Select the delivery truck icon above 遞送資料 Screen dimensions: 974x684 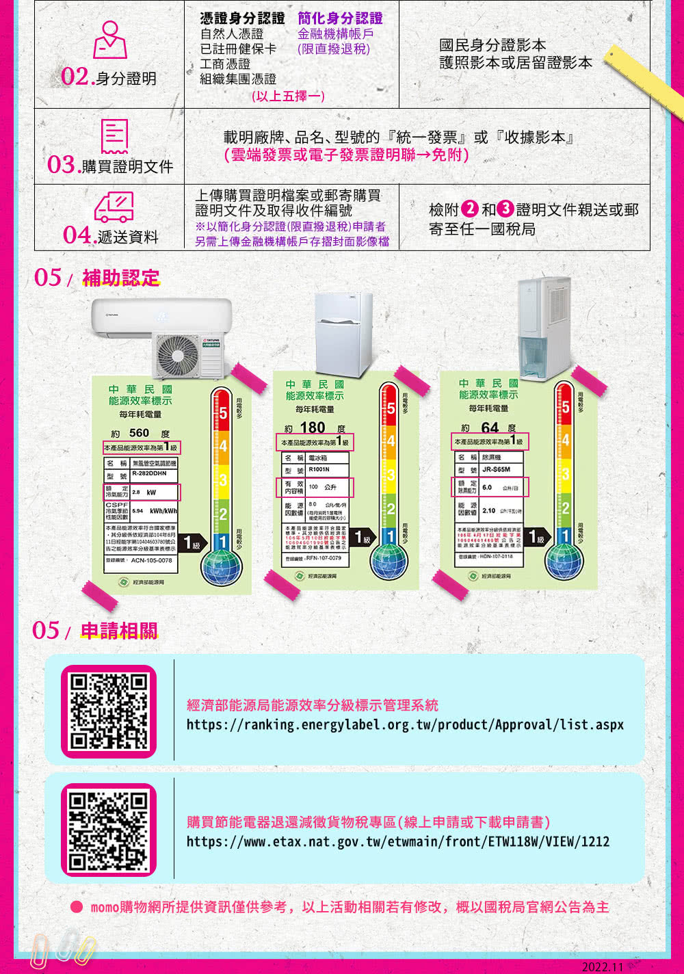(x=114, y=207)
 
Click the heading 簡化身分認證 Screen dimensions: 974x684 (x=340, y=18)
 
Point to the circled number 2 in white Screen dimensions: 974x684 (x=470, y=209)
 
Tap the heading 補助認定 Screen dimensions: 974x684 (x=121, y=278)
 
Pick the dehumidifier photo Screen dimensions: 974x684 (x=543, y=329)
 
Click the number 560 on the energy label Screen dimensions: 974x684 (x=139, y=432)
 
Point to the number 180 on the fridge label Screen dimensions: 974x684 (x=313, y=427)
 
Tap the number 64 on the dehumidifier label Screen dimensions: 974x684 (x=490, y=427)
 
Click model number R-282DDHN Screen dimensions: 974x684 (x=150, y=473)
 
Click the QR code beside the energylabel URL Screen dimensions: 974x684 (x=109, y=711)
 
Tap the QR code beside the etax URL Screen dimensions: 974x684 (x=109, y=830)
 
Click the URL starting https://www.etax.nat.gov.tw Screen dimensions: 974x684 (x=398, y=841)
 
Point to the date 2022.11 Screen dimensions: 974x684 (x=602, y=966)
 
